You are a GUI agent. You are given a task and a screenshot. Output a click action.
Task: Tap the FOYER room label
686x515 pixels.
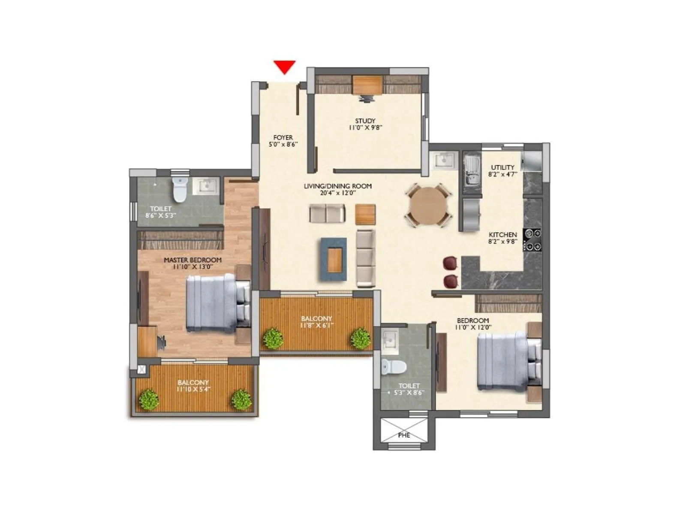[283, 138]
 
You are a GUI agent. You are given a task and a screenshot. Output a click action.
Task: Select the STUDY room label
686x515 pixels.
[365, 121]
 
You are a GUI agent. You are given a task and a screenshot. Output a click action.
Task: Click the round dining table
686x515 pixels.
[428, 205]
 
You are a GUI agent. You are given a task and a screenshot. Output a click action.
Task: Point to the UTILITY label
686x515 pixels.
[502, 167]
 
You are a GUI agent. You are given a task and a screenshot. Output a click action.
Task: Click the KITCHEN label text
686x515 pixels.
[503, 235]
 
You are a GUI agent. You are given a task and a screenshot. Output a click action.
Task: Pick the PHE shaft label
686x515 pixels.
[404, 435]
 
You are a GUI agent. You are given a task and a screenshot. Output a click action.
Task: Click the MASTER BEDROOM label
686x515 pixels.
[193, 260]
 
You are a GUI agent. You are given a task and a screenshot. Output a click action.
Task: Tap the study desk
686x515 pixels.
[367, 84]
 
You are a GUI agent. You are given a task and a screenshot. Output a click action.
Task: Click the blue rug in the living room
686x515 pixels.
[333, 259]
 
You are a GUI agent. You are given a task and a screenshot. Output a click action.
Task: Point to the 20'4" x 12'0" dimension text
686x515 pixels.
[338, 193]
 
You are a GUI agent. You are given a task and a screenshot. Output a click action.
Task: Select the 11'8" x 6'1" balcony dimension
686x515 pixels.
[316, 325]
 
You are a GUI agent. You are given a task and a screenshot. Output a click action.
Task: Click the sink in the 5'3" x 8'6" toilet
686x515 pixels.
[390, 339]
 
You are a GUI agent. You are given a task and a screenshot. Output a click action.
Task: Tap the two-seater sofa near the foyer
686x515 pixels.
[327, 214]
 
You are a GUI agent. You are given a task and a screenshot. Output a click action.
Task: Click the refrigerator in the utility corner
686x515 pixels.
[532, 162]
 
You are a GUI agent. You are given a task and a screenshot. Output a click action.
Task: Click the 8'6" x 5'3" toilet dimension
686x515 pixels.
[161, 215]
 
